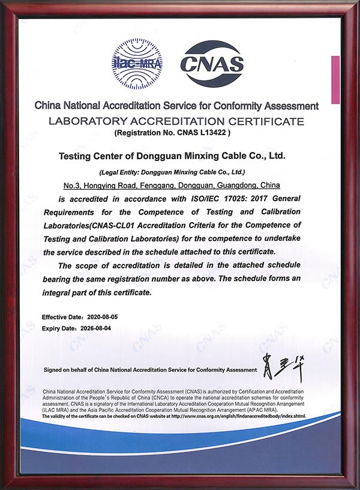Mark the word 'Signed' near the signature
coord(54,369)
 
